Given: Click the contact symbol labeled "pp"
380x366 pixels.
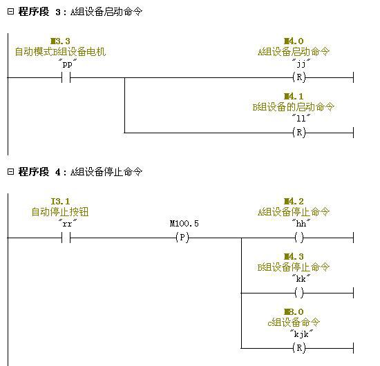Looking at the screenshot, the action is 66,77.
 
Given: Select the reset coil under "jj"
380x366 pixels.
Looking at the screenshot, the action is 299,77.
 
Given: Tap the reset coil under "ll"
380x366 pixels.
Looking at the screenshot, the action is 299,133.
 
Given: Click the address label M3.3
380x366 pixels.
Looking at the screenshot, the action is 60,41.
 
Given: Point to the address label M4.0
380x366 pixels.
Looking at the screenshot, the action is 294,41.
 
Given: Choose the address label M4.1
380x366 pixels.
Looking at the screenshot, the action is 294,97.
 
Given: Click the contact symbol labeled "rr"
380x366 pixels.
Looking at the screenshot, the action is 66,238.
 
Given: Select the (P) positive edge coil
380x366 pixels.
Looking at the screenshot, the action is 182,238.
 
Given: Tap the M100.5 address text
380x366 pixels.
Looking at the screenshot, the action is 184,224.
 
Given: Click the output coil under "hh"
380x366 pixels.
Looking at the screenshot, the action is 299,238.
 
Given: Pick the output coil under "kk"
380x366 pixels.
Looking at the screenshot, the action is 299,293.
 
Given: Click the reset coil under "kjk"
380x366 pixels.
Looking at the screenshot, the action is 299,348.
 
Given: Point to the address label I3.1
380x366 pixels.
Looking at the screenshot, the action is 60,201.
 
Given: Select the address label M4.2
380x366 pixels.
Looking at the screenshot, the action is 294,201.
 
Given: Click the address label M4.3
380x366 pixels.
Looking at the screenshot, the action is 294,256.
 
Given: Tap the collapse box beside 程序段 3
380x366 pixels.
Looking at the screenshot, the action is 10,11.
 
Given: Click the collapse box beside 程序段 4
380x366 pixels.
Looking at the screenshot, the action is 10,172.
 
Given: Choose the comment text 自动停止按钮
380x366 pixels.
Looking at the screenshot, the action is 60,212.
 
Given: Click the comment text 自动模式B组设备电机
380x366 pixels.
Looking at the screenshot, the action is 60,52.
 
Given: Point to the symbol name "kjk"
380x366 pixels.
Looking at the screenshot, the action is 301,334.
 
